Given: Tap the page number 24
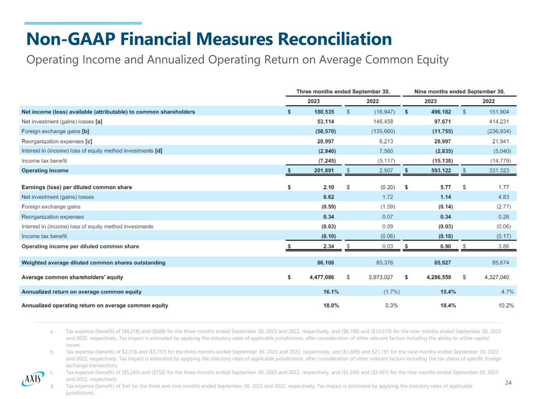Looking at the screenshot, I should click(x=508, y=383).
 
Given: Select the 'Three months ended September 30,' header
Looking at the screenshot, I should click(x=343, y=92).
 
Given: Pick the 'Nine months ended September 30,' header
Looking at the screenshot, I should click(x=459, y=92).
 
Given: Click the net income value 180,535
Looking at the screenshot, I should click(x=324, y=112).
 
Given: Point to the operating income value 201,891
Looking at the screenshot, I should click(x=324, y=171).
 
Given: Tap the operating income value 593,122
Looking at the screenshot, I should click(x=441, y=171).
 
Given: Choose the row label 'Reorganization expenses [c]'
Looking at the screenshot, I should click(x=57, y=141).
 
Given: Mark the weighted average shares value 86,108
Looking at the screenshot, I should click(x=326, y=263).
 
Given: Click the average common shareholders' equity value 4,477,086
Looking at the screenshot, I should click(x=321, y=277).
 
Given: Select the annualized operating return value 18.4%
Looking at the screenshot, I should click(x=448, y=305).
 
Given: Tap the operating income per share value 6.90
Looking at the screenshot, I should click(x=446, y=246).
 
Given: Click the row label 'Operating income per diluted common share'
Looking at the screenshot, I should click(x=80, y=246).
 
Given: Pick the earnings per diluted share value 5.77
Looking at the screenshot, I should click(x=446, y=187).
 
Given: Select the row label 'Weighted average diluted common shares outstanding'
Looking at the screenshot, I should click(x=93, y=263).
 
